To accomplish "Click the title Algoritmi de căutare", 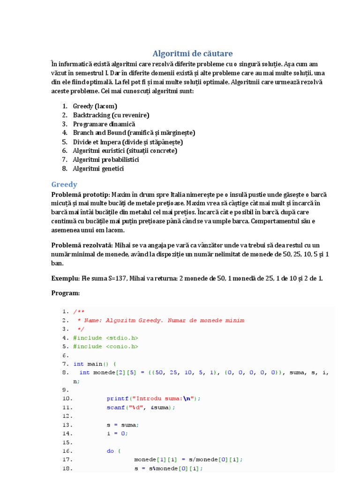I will coord(193,53).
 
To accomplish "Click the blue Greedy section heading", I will coord(64,184).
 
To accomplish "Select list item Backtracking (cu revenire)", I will coord(111,115).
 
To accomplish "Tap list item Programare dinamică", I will coord(104,124).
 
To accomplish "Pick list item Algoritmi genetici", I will coord(98,168).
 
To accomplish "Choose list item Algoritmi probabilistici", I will coord(106,159).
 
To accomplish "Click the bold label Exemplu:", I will coord(66,278).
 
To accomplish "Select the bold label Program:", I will coord(66,293).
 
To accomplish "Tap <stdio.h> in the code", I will coord(122,337).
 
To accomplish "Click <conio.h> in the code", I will coord(122,346).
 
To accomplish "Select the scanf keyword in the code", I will coord(115,407).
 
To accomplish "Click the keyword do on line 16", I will coord(110,451).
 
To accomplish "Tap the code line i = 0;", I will coord(117,434).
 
